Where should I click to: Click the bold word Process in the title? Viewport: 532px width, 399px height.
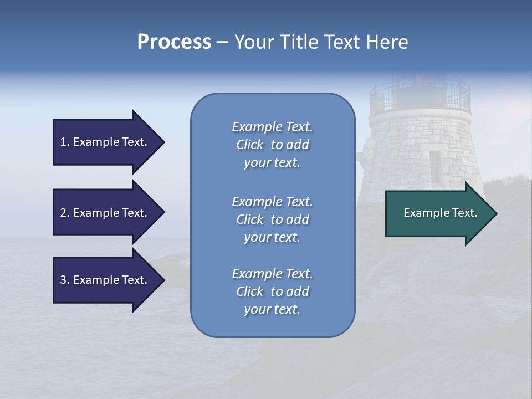point(174,42)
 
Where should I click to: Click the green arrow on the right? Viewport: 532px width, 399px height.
point(438,213)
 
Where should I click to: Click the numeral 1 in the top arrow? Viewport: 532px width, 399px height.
point(63,142)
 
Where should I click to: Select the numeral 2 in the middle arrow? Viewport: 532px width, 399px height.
point(63,213)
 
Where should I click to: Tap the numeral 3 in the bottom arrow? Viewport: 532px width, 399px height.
point(63,280)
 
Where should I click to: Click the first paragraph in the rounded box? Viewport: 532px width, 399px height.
point(272,145)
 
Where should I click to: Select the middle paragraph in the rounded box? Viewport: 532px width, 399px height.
point(272,219)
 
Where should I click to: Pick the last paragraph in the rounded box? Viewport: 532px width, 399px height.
point(272,291)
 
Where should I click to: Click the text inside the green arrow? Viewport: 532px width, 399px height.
point(440,213)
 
